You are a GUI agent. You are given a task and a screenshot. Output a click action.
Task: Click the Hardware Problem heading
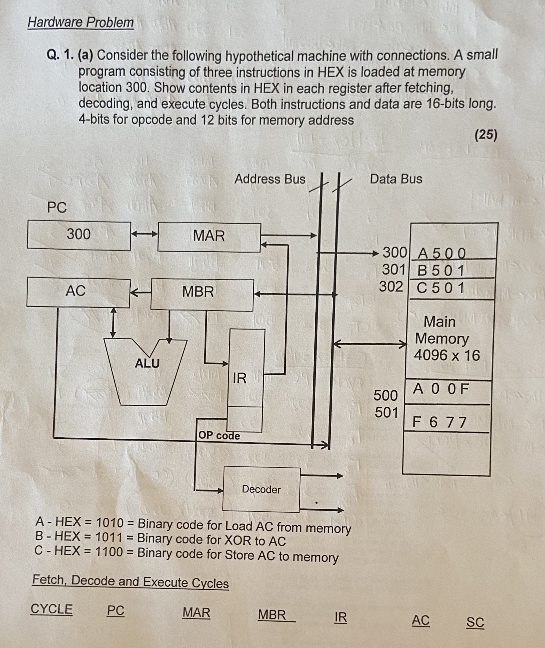[x=81, y=23]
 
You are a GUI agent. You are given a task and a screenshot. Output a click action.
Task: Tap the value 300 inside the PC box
[x=79, y=234]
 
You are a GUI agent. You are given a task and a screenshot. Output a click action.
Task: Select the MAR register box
[x=209, y=237]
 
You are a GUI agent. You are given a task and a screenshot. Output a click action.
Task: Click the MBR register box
[x=202, y=294]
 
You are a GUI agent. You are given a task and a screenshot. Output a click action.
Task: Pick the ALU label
[x=147, y=364]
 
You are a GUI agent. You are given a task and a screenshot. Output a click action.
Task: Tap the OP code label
[x=219, y=436]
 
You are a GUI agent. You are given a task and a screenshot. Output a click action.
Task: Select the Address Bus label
[x=270, y=179]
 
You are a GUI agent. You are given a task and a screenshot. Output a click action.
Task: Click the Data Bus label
[x=396, y=179]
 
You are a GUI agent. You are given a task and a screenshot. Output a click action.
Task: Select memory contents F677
[x=439, y=422]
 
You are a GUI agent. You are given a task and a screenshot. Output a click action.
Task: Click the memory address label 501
[x=386, y=412]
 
